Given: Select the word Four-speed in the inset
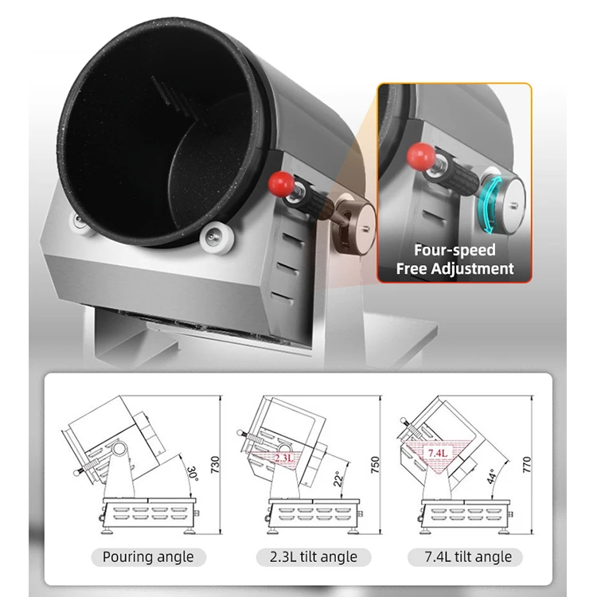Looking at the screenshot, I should [x=455, y=251].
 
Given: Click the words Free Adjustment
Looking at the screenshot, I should [x=455, y=269].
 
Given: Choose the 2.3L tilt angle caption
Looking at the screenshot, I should [x=306, y=556].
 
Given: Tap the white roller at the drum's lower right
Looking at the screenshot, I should [x=215, y=236].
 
